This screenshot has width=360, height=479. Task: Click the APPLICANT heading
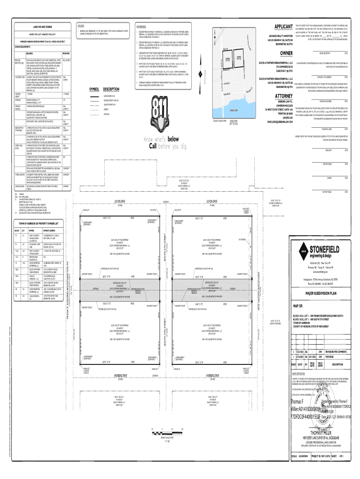click(279, 27)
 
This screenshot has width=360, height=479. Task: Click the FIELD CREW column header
click(320, 363)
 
